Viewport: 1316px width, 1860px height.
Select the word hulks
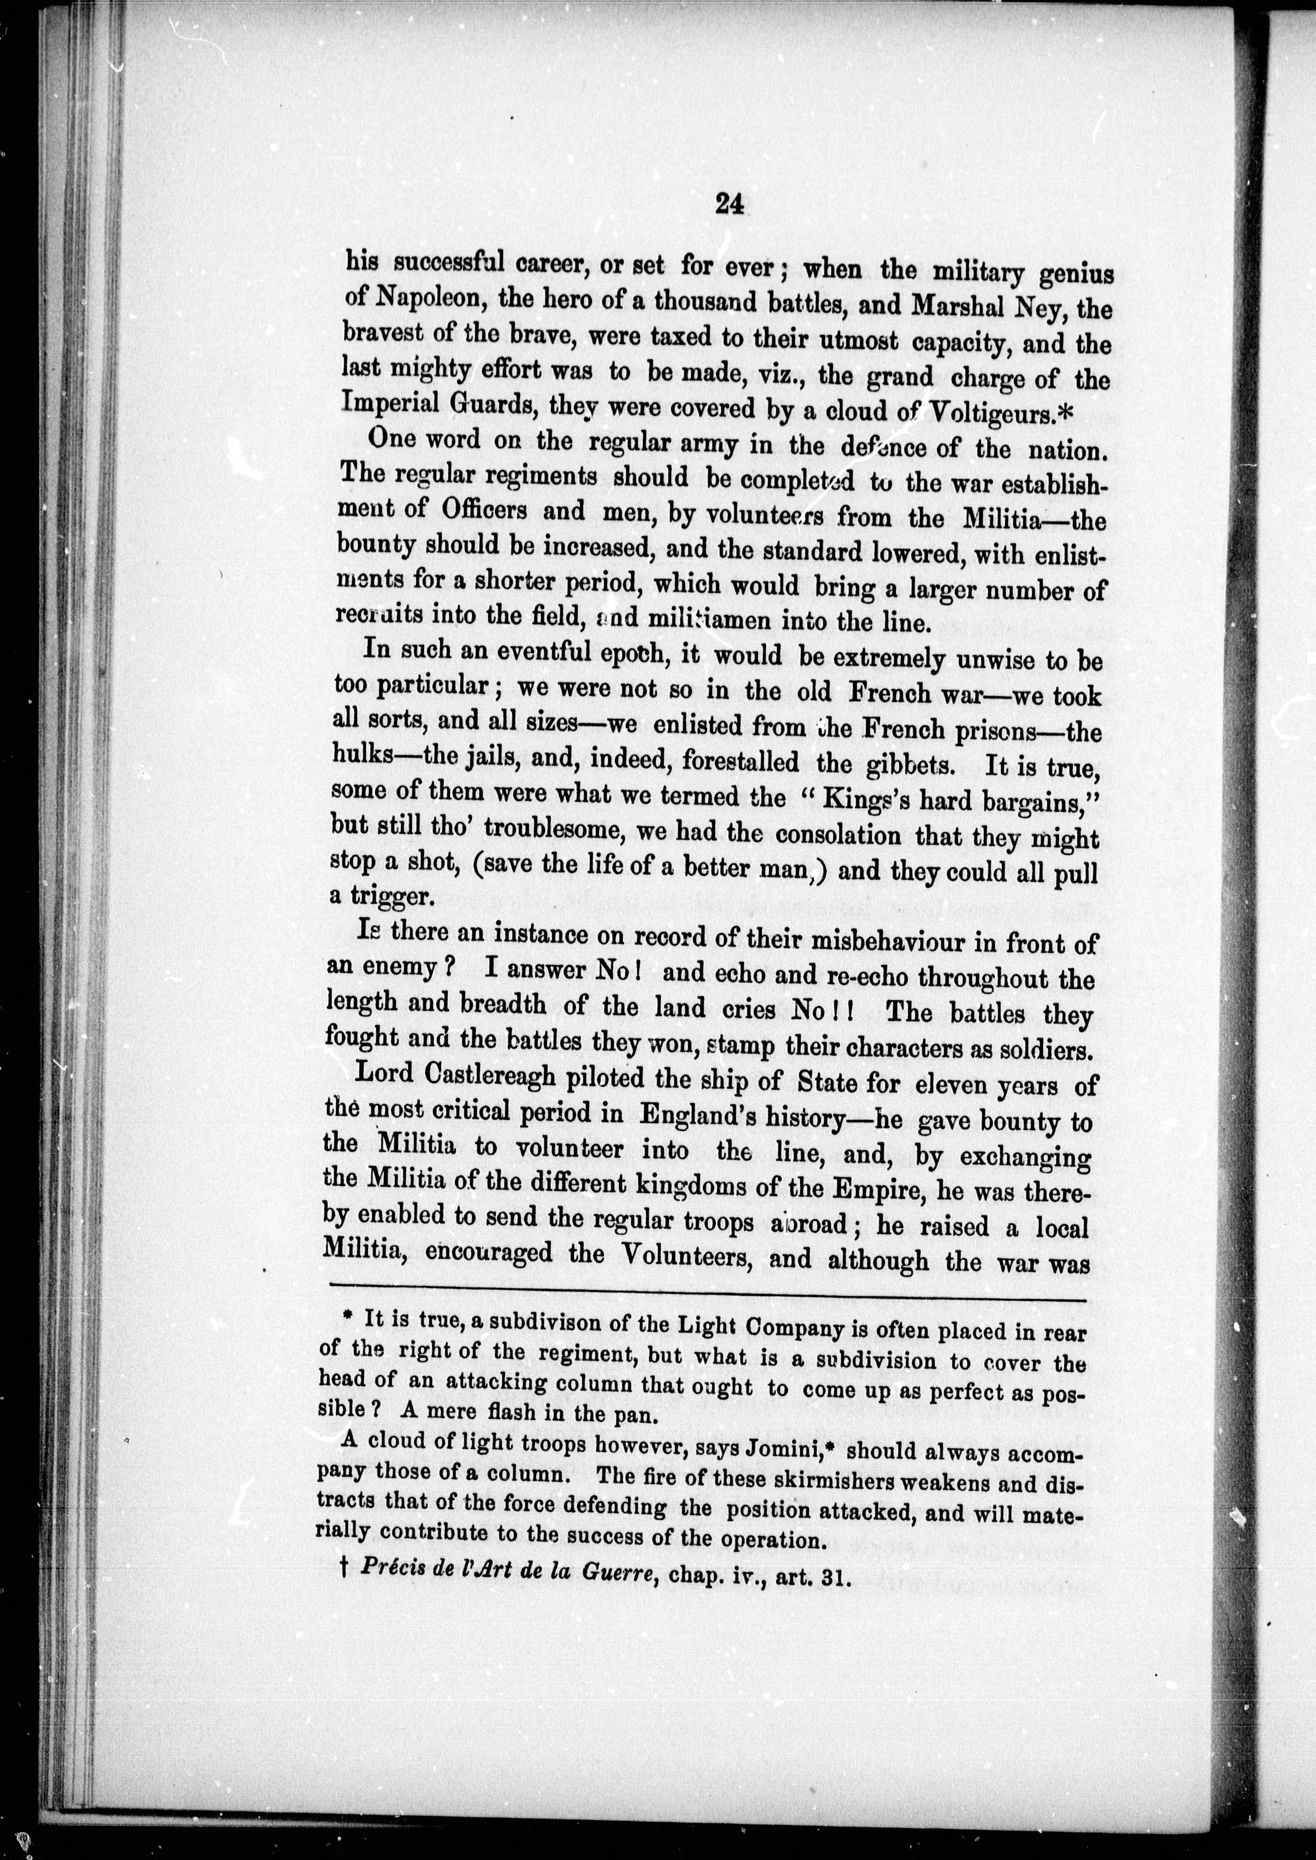(x=367, y=755)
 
